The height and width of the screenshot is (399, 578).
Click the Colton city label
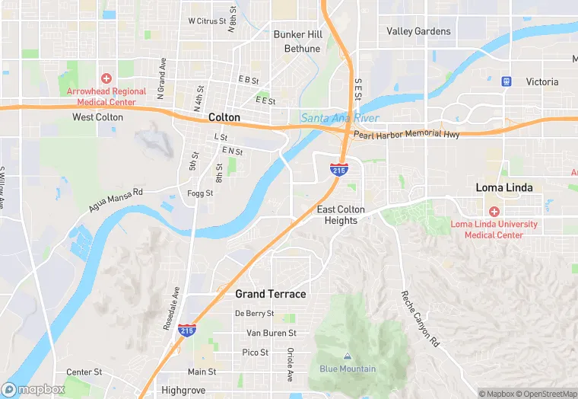(x=224, y=118)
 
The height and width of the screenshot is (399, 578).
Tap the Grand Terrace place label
(x=270, y=294)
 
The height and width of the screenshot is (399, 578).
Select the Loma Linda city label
(x=504, y=187)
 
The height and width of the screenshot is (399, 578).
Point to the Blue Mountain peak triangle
(x=348, y=356)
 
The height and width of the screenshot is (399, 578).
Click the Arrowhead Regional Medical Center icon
(x=106, y=78)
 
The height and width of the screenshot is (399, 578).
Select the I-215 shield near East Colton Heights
(x=339, y=169)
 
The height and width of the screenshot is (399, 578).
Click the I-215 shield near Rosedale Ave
(x=186, y=330)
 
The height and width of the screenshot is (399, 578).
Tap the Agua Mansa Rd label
(x=116, y=200)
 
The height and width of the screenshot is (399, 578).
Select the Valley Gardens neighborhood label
(x=418, y=31)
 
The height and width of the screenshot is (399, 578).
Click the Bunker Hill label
(x=298, y=34)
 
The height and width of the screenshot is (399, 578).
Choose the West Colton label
(x=97, y=117)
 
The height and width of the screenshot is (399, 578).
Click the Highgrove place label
(x=183, y=390)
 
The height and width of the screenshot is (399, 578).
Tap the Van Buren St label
(x=271, y=334)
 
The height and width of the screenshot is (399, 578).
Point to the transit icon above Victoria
(x=506, y=81)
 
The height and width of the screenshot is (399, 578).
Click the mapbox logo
(x=33, y=389)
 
